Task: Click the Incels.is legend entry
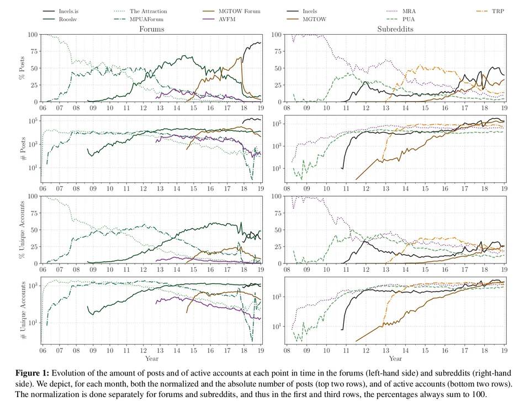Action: point(61,11)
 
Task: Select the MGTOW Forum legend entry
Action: point(231,11)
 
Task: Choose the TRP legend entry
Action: point(490,11)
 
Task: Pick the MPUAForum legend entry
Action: point(139,19)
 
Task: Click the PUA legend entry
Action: point(401,19)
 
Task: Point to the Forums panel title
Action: point(152,29)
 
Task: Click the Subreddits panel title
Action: point(395,29)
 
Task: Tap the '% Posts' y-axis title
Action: point(22,68)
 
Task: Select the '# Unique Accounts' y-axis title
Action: point(23,310)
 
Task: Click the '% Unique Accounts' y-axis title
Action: point(22,230)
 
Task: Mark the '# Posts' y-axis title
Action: point(23,149)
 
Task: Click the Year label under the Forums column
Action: point(152,358)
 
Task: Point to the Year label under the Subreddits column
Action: point(395,358)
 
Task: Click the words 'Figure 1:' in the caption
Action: point(32,373)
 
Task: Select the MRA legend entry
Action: point(401,11)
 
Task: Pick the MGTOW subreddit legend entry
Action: point(306,19)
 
